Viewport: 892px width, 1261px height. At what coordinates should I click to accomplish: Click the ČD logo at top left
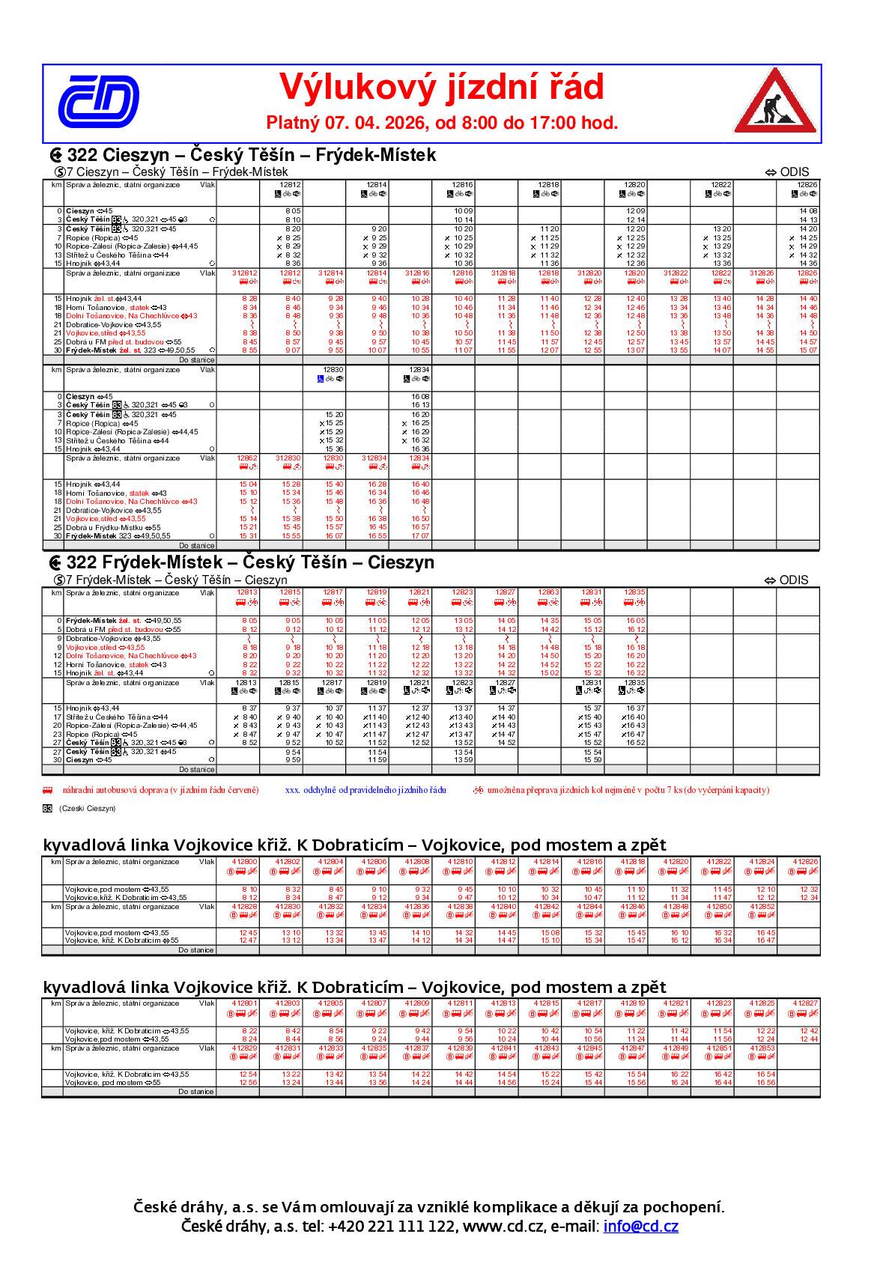click(98, 101)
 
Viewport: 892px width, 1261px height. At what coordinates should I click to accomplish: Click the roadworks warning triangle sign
click(775, 102)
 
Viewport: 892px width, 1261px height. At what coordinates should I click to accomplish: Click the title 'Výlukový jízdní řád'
click(441, 88)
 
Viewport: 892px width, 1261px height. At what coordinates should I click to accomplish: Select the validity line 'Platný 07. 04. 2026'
click(442, 123)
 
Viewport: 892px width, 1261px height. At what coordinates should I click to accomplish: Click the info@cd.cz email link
click(640, 1227)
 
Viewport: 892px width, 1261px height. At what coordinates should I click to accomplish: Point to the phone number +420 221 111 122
click(391, 1227)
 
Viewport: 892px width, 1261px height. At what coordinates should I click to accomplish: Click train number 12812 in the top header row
click(291, 184)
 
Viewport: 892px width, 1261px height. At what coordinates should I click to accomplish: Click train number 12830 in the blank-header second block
click(333, 370)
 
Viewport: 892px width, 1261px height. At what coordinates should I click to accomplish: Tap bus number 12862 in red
click(247, 458)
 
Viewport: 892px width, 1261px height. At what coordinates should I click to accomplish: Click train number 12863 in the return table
click(549, 592)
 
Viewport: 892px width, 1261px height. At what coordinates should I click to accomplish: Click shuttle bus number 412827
click(805, 1003)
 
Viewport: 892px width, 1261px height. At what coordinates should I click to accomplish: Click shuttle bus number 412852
click(762, 907)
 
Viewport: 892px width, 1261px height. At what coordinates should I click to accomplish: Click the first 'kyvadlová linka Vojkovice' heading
click(354, 845)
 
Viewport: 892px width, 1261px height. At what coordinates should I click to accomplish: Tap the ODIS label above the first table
click(793, 172)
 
